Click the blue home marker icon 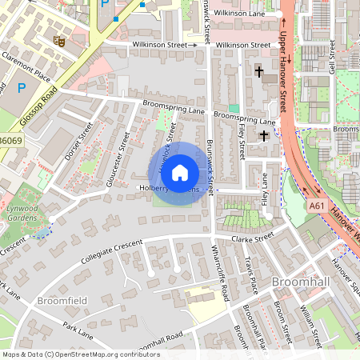(x=180, y=172)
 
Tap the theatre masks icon (x=58, y=39)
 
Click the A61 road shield (x=317, y=206)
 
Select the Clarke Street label (x=252, y=237)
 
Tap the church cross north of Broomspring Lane (x=258, y=72)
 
